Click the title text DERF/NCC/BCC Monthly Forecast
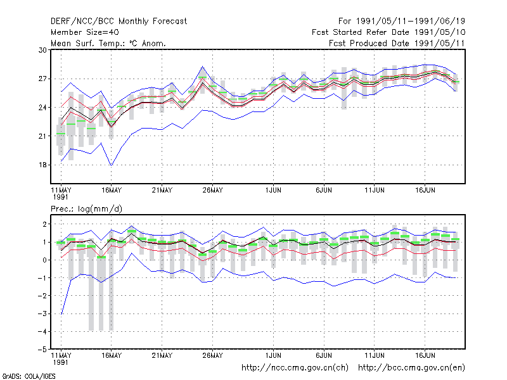coord(119,22)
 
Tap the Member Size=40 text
coord(85,32)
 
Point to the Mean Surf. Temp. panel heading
coord(108,43)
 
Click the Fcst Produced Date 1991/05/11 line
coord(397,43)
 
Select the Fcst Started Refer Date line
coord(388,32)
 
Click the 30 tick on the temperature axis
coord(42,50)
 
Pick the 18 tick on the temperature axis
coord(42,165)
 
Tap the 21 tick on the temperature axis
coord(42,136)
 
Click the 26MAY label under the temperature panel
coord(213,190)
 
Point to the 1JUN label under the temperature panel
coord(273,190)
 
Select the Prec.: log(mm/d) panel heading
coord(86,209)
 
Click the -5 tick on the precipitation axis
coord(42,350)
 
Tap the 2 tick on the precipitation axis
coord(44,224)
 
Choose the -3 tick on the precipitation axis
coord(42,313)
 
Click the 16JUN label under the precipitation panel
coord(425,355)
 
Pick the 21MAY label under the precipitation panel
coord(162,355)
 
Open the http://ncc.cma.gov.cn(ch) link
coord(295,368)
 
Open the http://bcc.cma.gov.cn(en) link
coord(411,368)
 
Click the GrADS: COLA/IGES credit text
coord(29,376)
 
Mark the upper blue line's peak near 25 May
coord(203,66)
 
